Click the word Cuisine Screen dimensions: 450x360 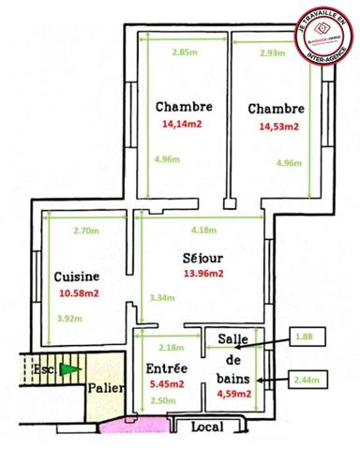point(77,277)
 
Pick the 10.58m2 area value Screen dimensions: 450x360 point(77,293)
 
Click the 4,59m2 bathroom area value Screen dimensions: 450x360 point(233,395)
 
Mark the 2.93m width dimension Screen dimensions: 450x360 point(273,52)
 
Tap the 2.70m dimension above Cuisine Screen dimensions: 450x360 point(84,230)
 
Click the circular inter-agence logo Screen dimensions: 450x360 point(321,37)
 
